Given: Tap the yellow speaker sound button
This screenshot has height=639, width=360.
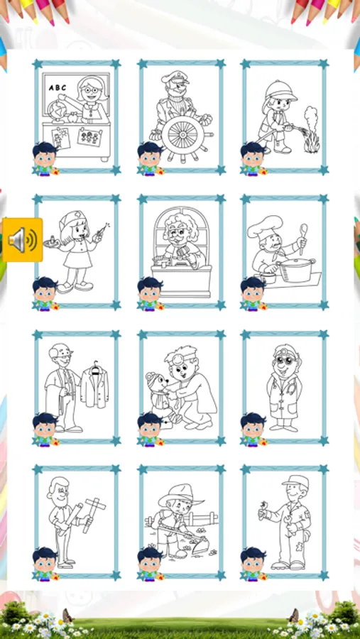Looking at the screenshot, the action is pos(23,240).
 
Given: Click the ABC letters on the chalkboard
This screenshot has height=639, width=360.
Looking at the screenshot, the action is pos(57,87).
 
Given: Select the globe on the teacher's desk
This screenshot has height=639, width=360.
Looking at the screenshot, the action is pos(56,110).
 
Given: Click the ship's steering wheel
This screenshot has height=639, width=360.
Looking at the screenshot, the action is pos(182,133).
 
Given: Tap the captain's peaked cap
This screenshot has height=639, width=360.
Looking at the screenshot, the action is pos(175,77).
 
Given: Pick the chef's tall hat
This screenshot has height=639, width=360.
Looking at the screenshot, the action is pos(264,226).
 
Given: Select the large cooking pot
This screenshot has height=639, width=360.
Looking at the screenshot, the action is pos(296,270).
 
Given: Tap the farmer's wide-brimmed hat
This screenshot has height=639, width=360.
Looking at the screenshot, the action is pos(180,494).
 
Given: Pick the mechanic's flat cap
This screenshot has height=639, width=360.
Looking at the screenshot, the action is pos(295,481).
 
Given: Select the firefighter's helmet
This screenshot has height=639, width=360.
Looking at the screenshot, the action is pos(280,91).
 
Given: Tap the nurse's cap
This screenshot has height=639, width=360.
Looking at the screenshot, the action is pos(71,221).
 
